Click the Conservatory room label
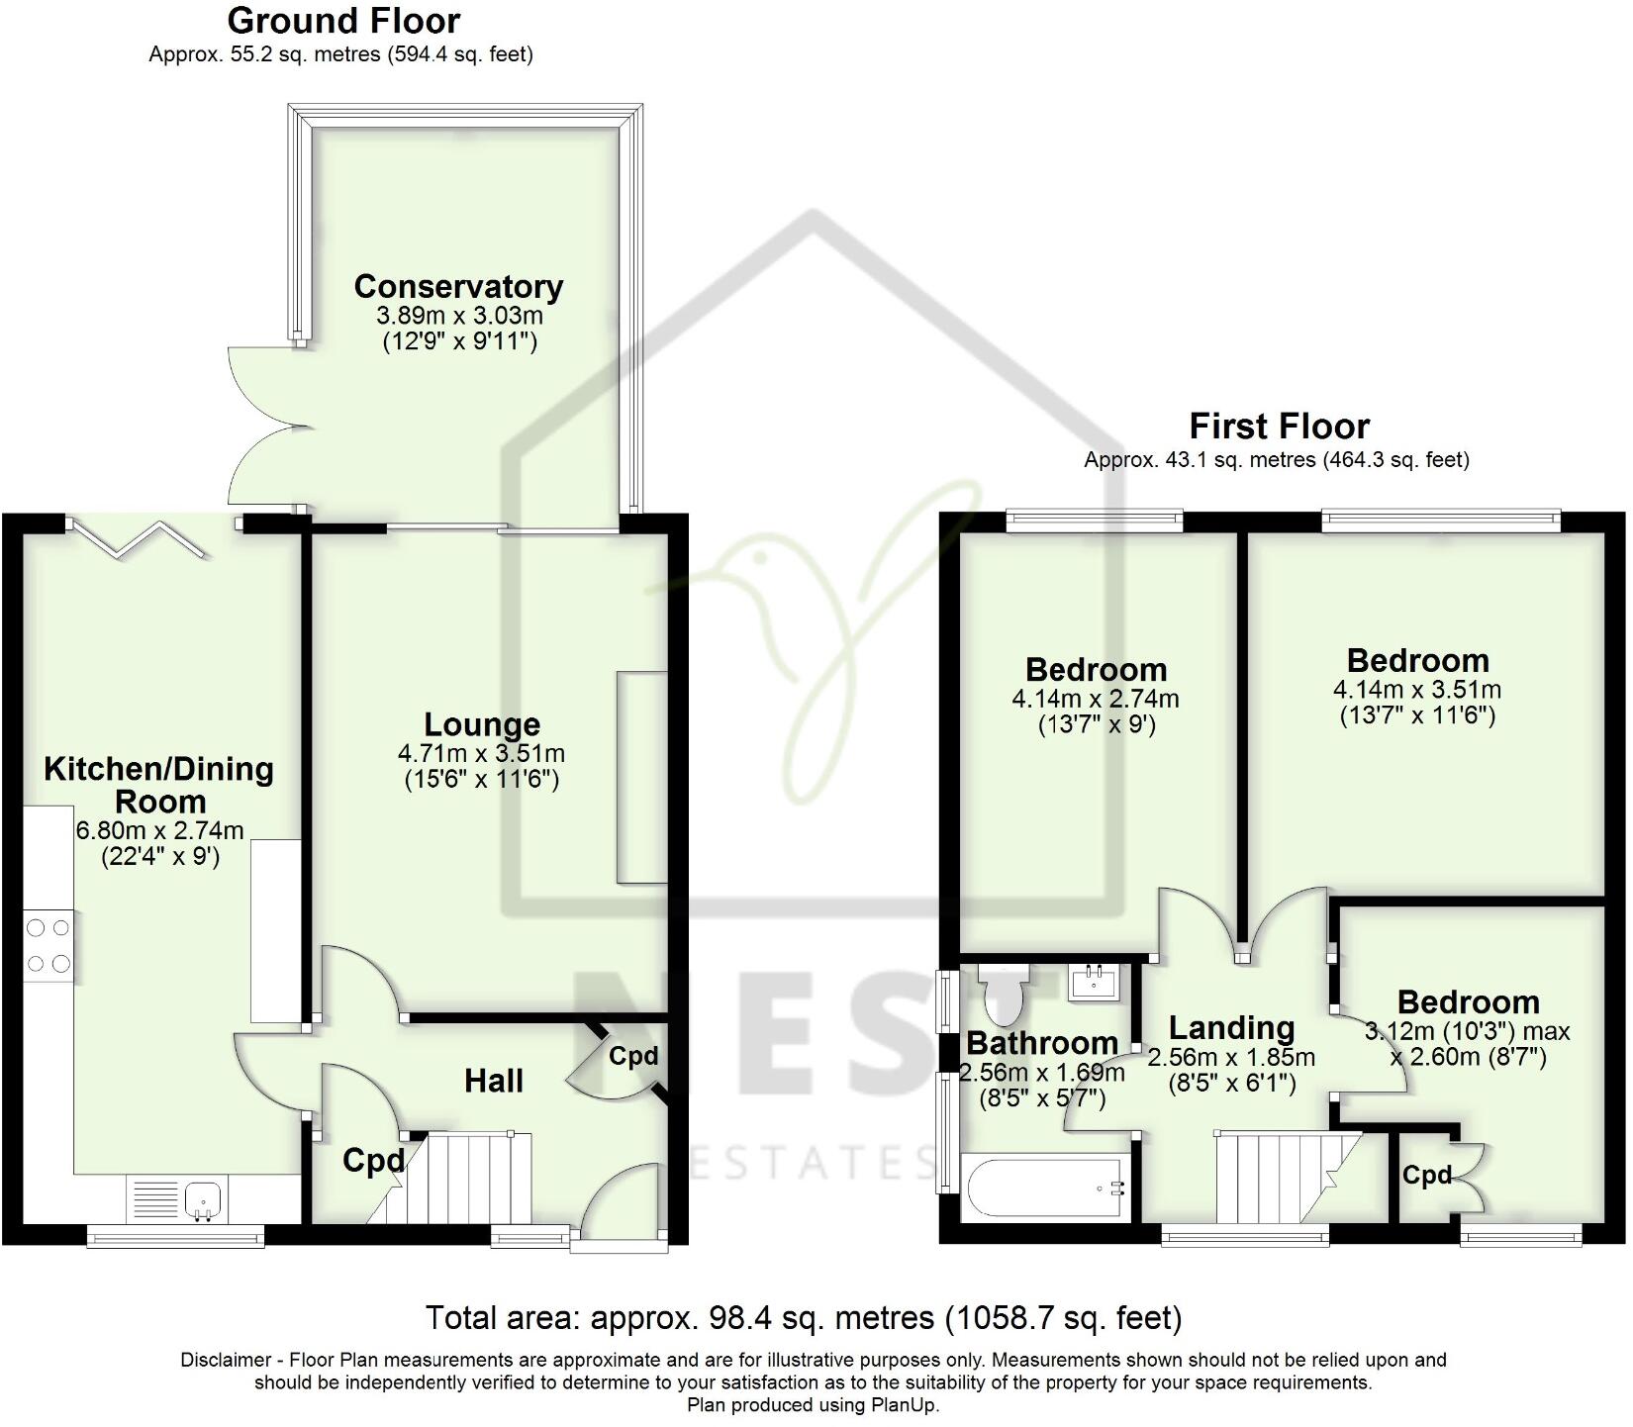pos(458,287)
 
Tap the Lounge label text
pos(482,725)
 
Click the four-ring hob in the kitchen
pos(48,945)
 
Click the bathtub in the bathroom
pos(1044,1189)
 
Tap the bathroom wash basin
pos(1095,983)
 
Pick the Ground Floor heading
pos(343,20)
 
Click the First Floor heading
pos(1279,427)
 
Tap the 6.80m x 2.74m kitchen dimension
pos(159,830)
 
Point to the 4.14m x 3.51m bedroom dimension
pos(1417,689)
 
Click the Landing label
pos(1231,1028)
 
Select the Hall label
pos(494,1081)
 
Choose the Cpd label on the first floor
pos(1426,1176)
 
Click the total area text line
pos(804,1318)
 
